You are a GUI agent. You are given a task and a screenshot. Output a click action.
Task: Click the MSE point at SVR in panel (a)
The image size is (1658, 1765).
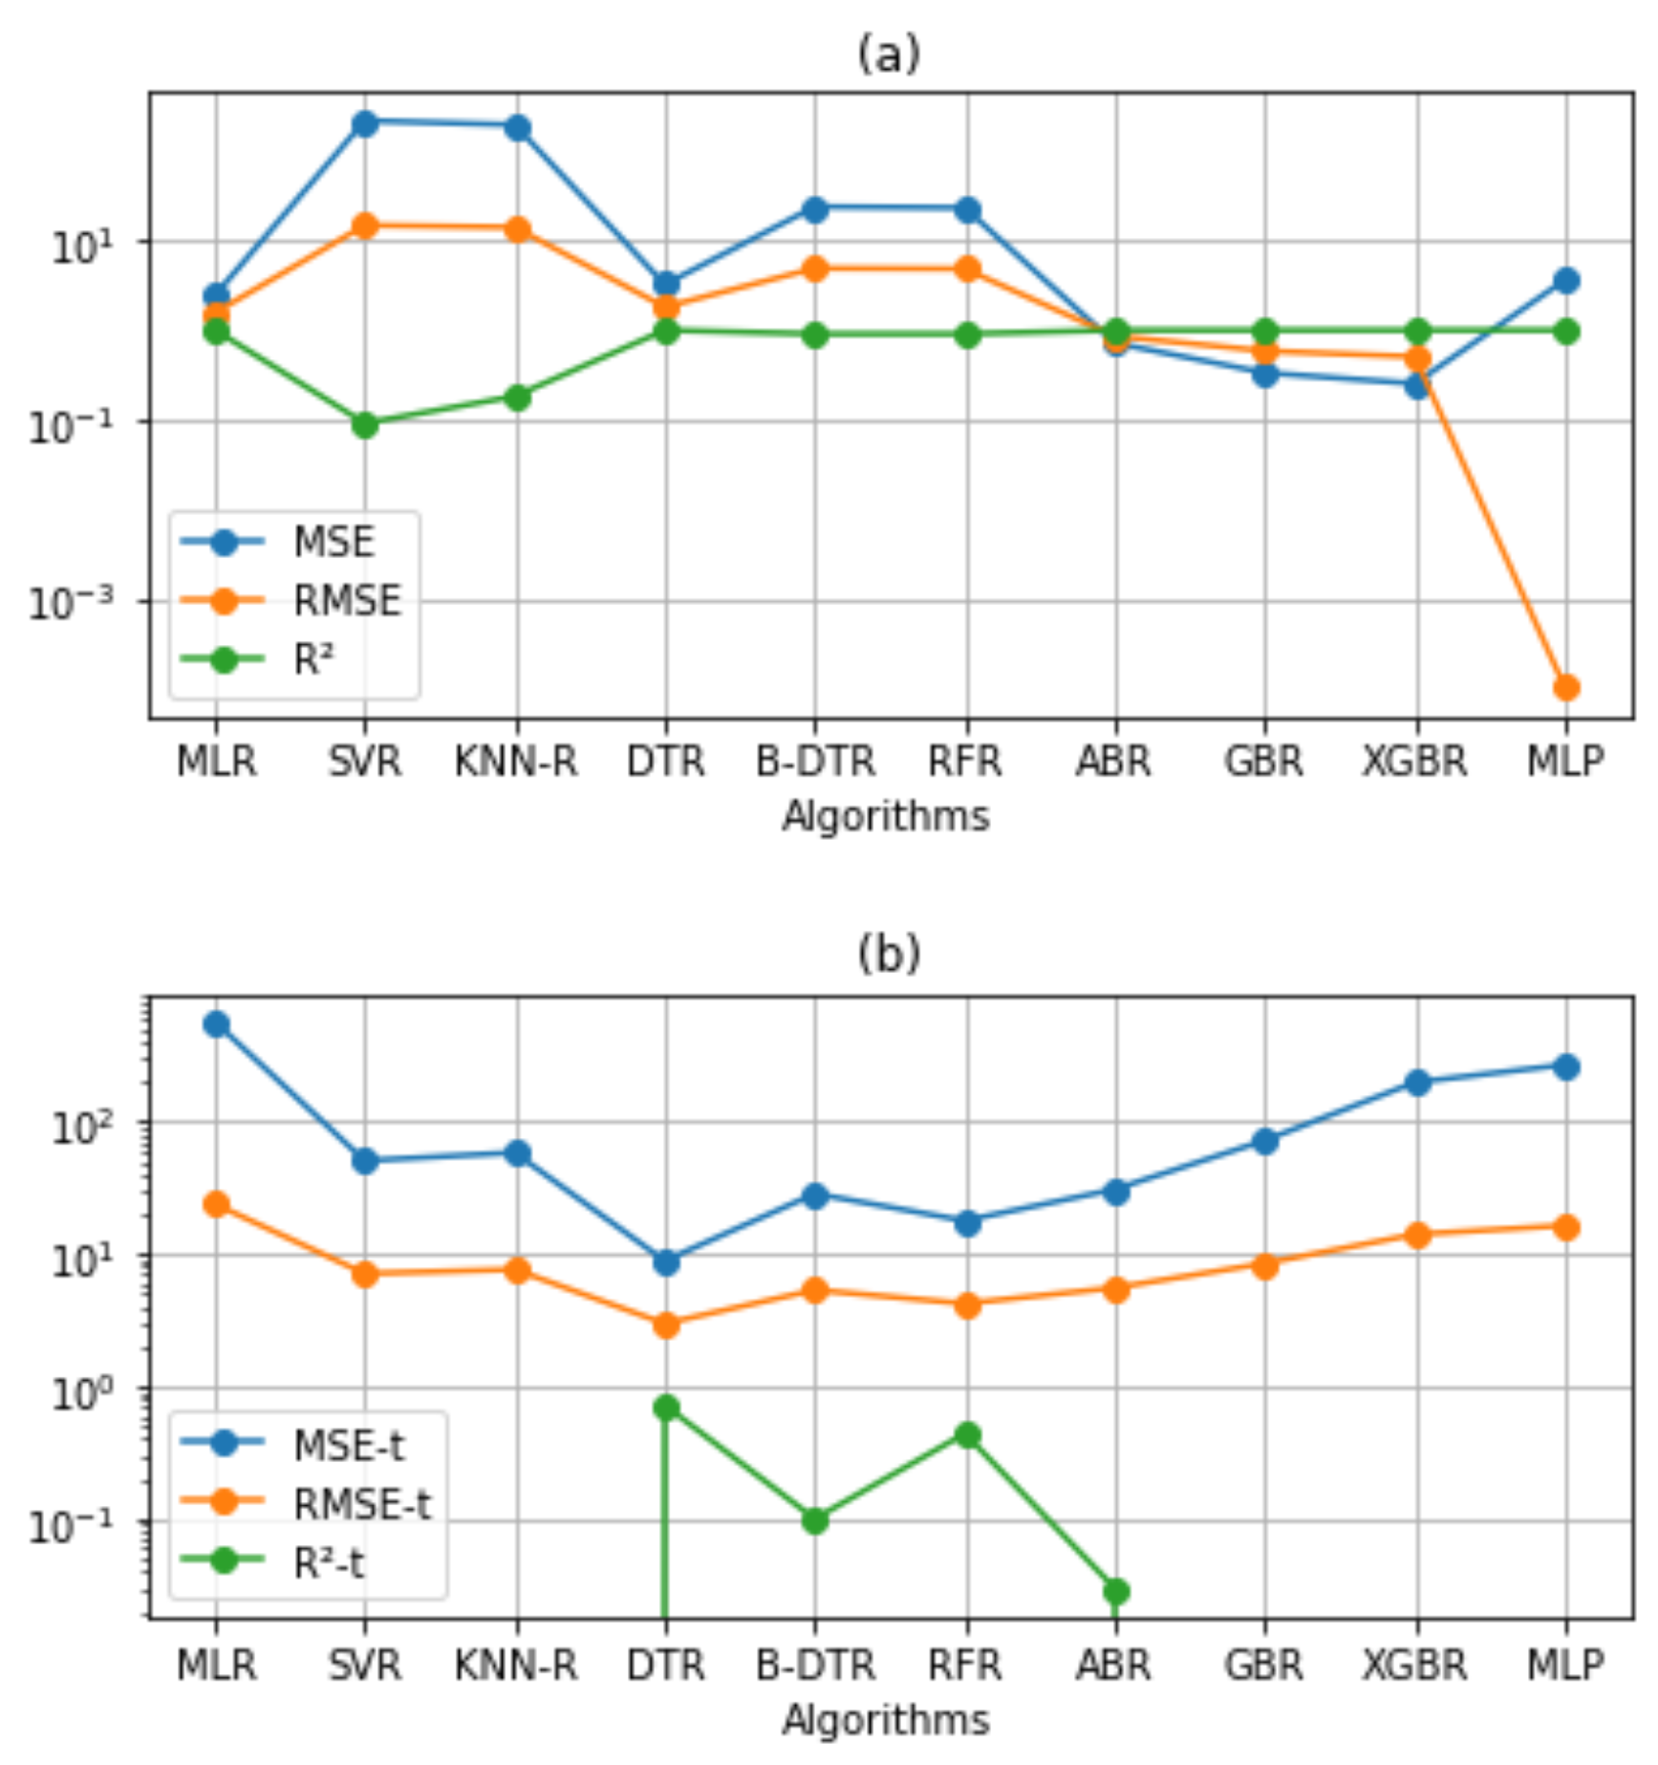coord(364,122)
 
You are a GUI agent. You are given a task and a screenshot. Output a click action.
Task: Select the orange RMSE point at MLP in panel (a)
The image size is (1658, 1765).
coord(1565,687)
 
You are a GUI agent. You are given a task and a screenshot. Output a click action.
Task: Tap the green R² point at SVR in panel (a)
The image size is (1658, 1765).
coord(364,424)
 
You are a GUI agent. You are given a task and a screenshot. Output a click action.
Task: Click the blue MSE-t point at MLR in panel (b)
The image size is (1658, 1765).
coord(216,1024)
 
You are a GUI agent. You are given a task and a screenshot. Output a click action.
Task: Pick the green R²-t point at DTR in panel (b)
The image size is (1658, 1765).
coord(666,1407)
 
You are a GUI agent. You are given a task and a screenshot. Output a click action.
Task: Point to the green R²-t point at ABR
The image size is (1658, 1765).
coord(1115,1591)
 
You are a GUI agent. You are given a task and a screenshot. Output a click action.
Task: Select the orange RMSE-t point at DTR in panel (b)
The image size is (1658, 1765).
coord(666,1324)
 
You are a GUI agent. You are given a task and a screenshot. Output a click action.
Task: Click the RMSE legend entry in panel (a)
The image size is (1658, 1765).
coord(346,601)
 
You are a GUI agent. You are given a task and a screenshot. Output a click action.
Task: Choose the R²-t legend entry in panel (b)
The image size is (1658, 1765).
coord(328,1562)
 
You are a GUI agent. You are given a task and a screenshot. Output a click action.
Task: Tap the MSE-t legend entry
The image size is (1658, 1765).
coord(348,1446)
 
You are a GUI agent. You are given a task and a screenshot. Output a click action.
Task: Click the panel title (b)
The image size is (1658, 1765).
coord(889,954)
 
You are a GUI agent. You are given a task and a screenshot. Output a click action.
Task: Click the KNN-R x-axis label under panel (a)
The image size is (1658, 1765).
coord(516,763)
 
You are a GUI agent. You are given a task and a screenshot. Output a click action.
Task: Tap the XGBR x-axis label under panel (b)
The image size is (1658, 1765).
coord(1414,1666)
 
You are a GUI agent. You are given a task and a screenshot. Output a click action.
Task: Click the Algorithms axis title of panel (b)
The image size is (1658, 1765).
coord(886,1720)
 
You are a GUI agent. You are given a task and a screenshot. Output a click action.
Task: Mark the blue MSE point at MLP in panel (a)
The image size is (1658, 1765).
coord(1565,280)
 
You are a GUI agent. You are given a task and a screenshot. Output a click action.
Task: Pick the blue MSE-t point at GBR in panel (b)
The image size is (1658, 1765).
coord(1264,1141)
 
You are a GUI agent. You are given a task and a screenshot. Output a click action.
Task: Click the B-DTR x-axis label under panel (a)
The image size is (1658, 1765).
coord(815,763)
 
